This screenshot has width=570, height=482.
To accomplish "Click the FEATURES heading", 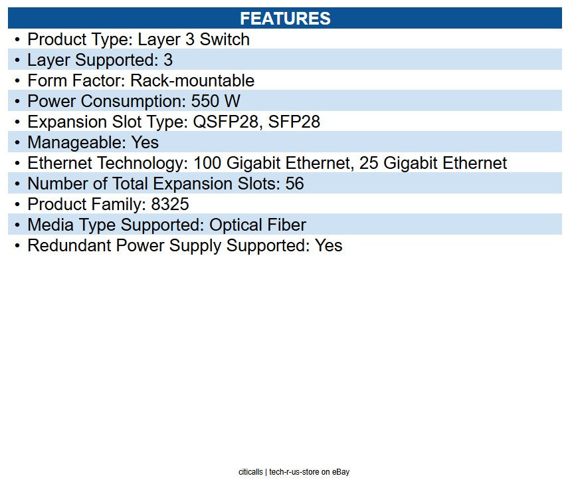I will point(285,18).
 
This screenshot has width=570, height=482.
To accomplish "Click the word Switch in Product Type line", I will point(225,39).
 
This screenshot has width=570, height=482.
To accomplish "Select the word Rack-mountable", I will point(192,81).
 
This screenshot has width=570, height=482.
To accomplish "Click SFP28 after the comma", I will point(294,122).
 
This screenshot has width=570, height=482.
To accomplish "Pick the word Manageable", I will point(69,143).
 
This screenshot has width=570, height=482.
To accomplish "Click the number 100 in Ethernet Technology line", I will point(208,164).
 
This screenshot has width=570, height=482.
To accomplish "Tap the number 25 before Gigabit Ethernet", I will point(369,164).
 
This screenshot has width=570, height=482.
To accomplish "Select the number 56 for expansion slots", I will point(294,184).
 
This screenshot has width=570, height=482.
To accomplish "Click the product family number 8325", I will point(169,205).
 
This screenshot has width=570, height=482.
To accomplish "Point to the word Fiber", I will point(286,225).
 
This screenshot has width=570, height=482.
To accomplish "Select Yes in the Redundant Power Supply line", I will point(328,246).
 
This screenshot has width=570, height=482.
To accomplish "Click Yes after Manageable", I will point(145,143).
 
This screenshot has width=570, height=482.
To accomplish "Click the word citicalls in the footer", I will point(250,472).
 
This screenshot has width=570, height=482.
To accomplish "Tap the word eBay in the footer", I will point(340,472).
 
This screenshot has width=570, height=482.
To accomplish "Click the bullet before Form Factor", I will point(17,81).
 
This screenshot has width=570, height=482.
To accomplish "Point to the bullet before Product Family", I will point(17,205).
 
